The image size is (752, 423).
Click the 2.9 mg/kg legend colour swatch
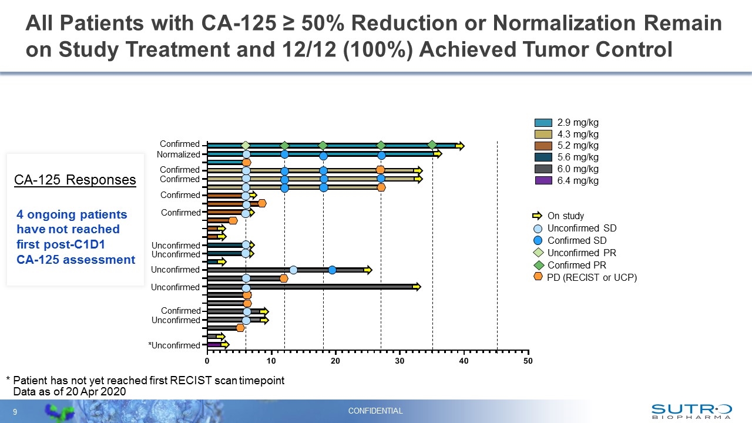543,123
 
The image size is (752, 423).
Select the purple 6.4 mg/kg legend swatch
543,180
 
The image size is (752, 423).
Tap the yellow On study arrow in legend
538,216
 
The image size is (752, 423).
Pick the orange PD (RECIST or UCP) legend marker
538,277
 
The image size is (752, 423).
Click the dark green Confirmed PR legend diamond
538,265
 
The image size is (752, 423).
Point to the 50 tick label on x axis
528,361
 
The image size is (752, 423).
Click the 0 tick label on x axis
207,361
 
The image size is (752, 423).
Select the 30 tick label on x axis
399,361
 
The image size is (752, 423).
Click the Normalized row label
178,155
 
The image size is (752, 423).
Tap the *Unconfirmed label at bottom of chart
174,345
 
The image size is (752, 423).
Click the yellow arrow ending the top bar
460,146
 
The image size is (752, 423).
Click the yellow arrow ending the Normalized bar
438,154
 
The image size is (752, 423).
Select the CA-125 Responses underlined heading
75,180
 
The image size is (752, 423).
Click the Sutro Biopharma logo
691,411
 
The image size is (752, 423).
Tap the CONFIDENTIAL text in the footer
375,411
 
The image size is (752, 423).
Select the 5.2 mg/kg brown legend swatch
543,146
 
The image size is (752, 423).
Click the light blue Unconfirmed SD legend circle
538,228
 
